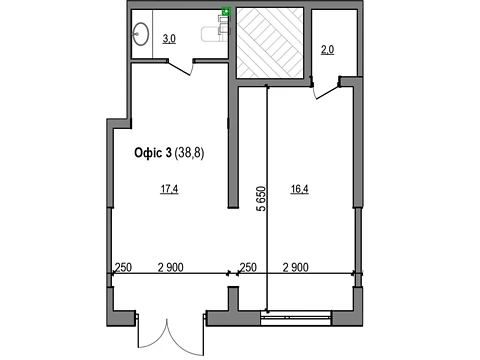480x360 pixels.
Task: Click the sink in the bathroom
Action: coord(141,33)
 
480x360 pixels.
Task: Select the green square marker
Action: coord(227,11)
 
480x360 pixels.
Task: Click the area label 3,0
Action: coord(169,39)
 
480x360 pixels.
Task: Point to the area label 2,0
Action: coord(327,50)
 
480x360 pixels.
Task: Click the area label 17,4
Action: coord(169,189)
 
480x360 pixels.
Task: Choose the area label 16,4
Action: coord(299,189)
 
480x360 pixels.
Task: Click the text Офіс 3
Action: coord(153,153)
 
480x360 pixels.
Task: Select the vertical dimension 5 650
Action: coord(262,199)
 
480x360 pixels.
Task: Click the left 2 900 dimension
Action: coord(171,267)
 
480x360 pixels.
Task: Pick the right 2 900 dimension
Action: coord(296,267)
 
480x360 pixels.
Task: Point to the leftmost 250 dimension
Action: coord(123,267)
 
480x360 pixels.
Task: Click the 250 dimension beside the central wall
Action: coord(248,267)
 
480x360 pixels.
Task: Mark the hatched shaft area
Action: coord(270,43)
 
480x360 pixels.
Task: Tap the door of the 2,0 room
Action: coord(325,88)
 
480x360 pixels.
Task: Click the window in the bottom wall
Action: coord(296,318)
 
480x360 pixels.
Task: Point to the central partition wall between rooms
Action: coord(233,147)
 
